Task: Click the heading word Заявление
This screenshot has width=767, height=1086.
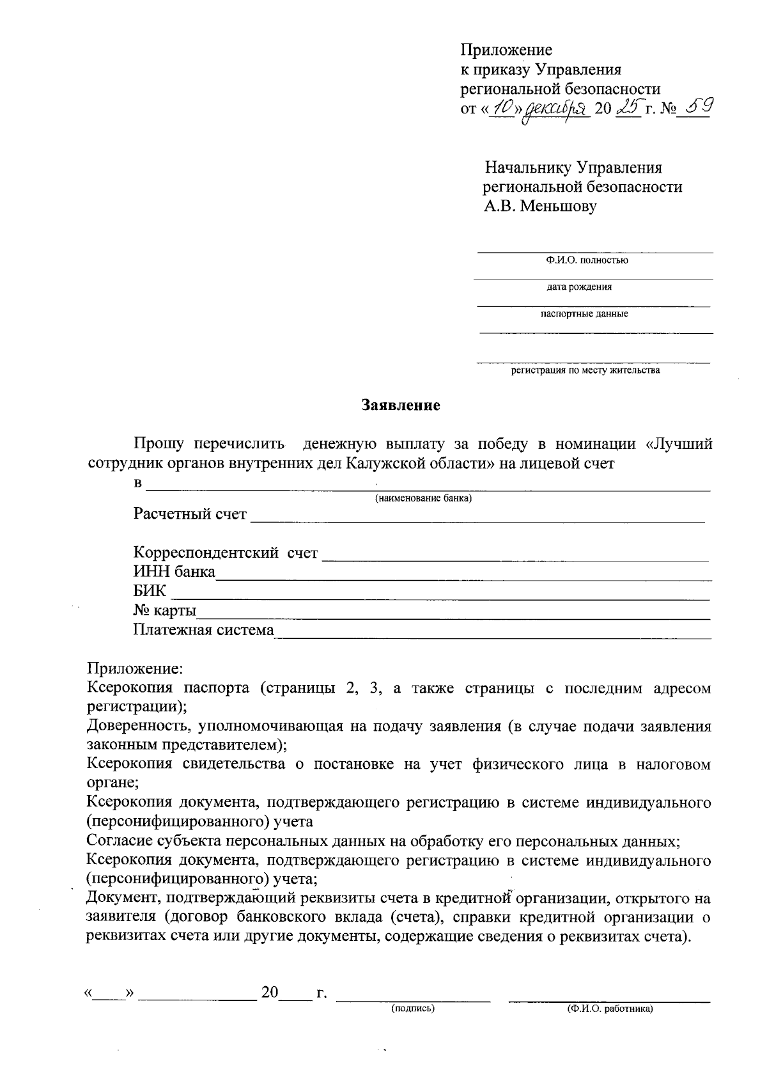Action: click(401, 405)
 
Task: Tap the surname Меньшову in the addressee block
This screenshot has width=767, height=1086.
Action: click(558, 207)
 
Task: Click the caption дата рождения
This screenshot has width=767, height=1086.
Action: click(578, 287)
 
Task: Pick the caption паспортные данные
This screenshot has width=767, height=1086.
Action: click(584, 314)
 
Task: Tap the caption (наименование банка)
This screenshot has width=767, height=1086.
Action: click(423, 499)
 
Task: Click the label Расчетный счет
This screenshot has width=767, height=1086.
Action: click(190, 514)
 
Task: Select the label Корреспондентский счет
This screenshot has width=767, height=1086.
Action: click(226, 553)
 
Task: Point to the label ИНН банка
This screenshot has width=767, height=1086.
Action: click(174, 572)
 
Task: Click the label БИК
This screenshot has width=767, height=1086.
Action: click(150, 592)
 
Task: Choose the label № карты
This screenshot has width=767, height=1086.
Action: click(165, 611)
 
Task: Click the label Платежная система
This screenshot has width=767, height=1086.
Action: click(203, 630)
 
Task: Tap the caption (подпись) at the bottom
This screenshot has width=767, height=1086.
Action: click(413, 1009)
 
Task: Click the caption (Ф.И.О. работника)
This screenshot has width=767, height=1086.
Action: click(610, 1009)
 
